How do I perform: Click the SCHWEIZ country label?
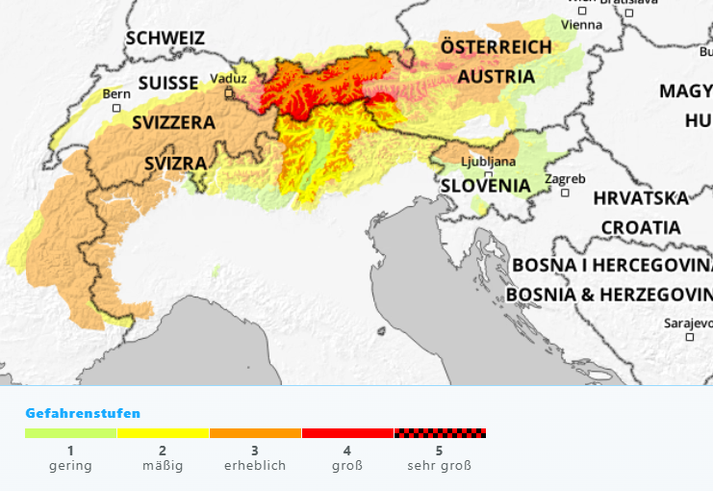[166, 38]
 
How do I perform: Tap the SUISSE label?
[167, 83]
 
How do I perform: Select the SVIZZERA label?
[173, 122]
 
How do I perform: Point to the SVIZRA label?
[175, 163]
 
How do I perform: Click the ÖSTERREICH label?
[496, 46]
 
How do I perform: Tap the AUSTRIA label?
[496, 76]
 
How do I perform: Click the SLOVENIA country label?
[485, 185]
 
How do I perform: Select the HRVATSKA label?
[641, 198]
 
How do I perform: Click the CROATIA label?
[641, 228]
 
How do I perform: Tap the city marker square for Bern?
[116, 108]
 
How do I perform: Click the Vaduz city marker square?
[229, 93]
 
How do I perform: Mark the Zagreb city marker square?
[565, 193]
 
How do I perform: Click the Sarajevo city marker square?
[689, 337]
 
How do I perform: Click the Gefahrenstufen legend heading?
[83, 413]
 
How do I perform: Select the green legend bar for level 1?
[70, 433]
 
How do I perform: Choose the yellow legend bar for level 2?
[163, 433]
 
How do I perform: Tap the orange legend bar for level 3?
[255, 433]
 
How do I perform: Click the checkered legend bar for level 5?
[440, 433]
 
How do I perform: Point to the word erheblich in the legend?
[255, 466]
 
